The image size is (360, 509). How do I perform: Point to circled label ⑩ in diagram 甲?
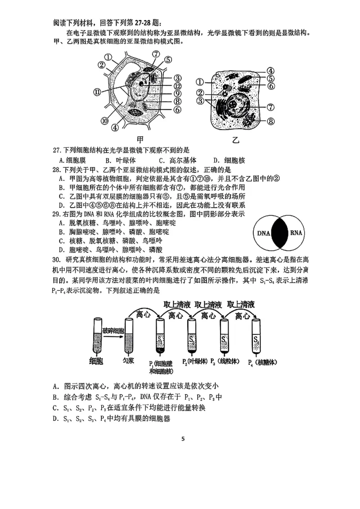104,120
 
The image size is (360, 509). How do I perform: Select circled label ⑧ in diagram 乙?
271,121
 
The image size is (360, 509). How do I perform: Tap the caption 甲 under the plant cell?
140,139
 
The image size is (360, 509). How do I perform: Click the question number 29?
56,214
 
